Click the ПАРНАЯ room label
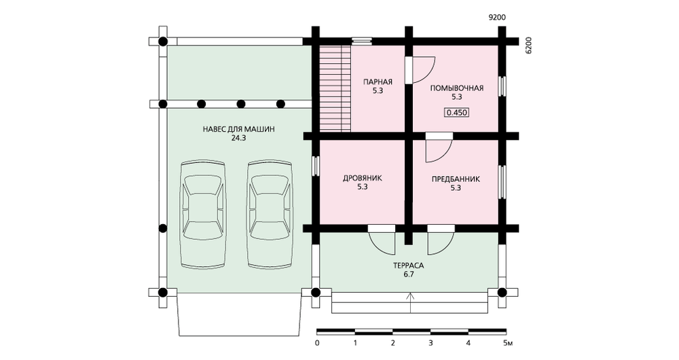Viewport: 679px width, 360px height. (x=378, y=82)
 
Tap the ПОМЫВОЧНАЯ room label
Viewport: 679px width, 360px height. (x=456, y=88)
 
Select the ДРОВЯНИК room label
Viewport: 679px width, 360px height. (x=363, y=178)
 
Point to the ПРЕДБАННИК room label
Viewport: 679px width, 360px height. (x=456, y=179)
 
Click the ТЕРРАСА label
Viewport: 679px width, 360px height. (x=408, y=266)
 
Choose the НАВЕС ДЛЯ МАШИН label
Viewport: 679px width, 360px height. (x=238, y=129)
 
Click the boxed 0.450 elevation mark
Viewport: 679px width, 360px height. (x=457, y=113)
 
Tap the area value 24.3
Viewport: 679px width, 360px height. (x=238, y=138)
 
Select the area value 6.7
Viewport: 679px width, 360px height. (x=408, y=274)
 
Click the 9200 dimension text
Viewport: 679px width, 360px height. (x=497, y=18)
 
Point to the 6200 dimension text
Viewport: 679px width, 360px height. (x=528, y=45)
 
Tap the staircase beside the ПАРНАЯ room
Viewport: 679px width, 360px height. (x=335, y=88)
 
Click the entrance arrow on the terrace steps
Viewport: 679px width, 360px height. (x=411, y=302)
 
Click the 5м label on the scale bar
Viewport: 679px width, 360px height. (x=508, y=344)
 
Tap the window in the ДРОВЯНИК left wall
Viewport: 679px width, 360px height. (x=316, y=166)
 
